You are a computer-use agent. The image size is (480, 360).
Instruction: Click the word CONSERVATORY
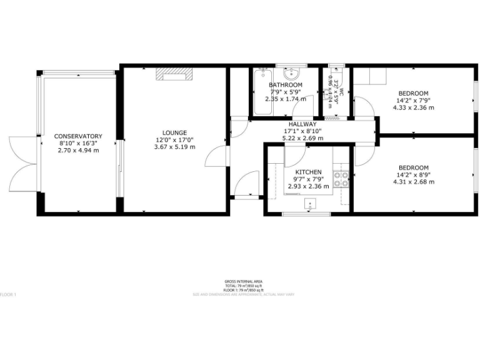[78, 136]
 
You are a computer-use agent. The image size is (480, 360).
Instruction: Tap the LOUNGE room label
[175, 132]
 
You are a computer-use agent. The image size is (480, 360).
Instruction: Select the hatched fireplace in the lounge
[174, 76]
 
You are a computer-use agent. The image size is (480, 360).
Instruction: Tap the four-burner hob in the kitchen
[341, 179]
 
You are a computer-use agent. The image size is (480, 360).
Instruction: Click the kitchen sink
[311, 203]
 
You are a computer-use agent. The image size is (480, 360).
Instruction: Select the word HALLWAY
[302, 124]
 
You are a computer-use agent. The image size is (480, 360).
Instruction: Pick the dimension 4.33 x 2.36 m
[413, 107]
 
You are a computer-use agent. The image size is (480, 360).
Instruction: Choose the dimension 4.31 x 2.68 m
[413, 182]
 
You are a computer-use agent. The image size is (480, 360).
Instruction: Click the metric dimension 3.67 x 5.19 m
[175, 147]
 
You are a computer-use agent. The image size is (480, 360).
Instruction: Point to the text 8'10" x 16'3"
[78, 143]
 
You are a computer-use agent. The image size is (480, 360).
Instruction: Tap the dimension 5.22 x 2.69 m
[302, 138]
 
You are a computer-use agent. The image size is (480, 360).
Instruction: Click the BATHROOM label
[286, 85]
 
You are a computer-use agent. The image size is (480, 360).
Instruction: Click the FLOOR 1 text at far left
[7, 294]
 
